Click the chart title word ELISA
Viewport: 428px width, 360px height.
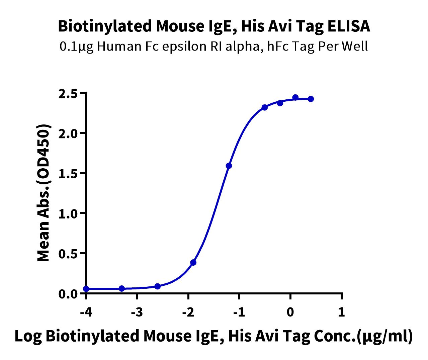coord(349,26)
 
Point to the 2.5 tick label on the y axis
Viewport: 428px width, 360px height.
coord(69,94)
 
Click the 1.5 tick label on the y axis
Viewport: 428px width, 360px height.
coord(69,174)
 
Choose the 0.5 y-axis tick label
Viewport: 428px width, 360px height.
coord(69,254)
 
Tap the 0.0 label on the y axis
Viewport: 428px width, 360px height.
coord(69,294)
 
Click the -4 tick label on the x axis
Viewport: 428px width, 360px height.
coord(86,312)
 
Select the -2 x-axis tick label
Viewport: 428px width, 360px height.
coord(188,312)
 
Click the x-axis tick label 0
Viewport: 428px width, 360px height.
coord(290,312)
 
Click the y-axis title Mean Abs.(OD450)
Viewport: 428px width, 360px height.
coord(44,193)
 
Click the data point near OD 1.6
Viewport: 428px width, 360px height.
coord(229,166)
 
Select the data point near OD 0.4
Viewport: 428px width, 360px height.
coord(193,262)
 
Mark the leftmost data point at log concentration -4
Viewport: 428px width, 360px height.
coord(86,289)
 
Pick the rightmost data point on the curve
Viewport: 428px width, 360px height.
coord(311,99)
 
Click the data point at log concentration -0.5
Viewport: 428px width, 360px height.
coord(265,107)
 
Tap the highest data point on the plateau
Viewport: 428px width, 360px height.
coord(295,97)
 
